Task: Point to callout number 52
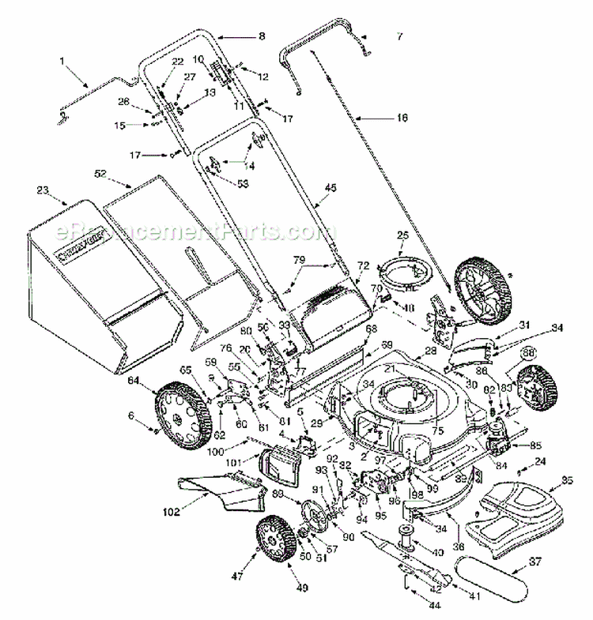tap(100, 173)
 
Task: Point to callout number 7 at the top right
tap(399, 36)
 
